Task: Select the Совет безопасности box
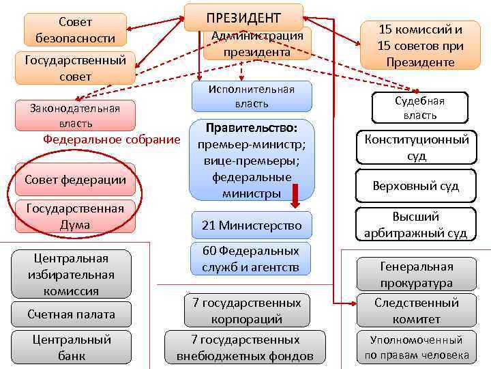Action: (75, 30)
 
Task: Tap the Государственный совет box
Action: (75, 68)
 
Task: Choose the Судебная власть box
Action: (419, 108)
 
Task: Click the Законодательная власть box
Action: (75, 115)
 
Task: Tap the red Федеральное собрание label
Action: (111, 139)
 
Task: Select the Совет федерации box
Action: (75, 180)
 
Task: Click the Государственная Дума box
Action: (75, 216)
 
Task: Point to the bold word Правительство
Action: (252, 128)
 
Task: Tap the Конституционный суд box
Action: (416, 147)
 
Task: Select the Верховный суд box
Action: (416, 185)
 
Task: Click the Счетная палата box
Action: (72, 314)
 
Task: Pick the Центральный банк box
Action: (72, 347)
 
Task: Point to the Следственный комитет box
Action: (417, 311)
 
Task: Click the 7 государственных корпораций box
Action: (243, 310)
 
